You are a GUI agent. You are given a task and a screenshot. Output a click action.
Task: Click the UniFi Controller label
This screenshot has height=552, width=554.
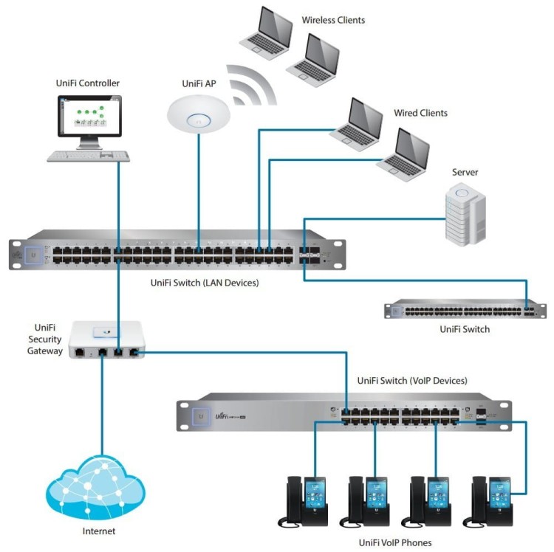pyautogui.click(x=87, y=83)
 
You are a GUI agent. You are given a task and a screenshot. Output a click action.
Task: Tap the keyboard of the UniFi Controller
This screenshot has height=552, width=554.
pyautogui.click(x=89, y=156)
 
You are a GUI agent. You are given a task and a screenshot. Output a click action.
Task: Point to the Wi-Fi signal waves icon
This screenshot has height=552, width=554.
pyautogui.click(x=251, y=85)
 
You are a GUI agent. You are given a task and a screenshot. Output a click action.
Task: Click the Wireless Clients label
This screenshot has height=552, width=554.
pyautogui.click(x=333, y=19)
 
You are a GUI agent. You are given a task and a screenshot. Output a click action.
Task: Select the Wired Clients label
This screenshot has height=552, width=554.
pyautogui.click(x=420, y=113)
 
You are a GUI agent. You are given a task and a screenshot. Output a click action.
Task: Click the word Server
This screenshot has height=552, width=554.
pyautogui.click(x=465, y=172)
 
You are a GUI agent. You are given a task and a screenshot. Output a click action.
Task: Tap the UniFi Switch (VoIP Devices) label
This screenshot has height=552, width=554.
pyautogui.click(x=411, y=381)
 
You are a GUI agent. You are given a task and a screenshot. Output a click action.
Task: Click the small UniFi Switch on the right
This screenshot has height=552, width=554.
pyautogui.click(x=464, y=308)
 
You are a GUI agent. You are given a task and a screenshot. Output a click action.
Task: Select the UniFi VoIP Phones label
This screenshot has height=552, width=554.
pyautogui.click(x=394, y=542)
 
